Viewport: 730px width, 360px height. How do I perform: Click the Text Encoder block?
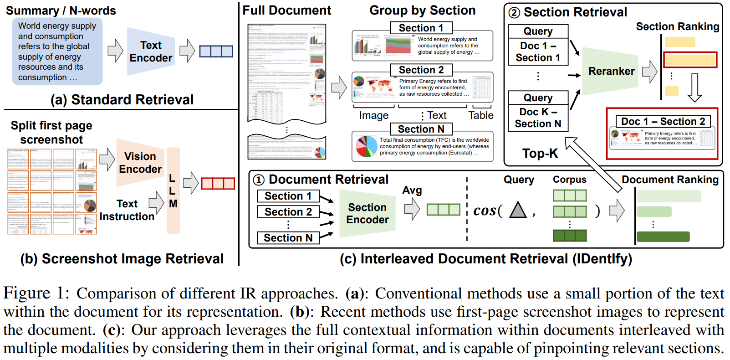150,51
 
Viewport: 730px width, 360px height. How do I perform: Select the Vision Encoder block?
140,163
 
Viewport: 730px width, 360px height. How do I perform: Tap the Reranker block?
611,71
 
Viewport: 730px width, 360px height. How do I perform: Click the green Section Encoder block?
367,213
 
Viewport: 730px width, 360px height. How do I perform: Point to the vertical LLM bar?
173,190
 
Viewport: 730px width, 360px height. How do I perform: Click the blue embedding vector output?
216,51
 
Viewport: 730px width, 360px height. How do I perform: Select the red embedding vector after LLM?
218,183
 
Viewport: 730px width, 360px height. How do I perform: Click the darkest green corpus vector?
569,236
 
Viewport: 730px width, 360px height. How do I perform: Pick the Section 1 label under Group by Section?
421,28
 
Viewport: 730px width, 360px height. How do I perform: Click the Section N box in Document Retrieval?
288,238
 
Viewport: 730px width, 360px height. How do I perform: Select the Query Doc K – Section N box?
538,112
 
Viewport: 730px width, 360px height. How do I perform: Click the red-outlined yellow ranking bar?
690,60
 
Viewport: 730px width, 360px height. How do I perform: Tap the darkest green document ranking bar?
663,237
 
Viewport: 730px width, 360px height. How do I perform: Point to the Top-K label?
540,153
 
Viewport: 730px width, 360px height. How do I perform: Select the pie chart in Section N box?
366,146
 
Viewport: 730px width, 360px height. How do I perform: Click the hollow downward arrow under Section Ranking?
694,87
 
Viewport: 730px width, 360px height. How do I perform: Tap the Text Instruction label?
127,210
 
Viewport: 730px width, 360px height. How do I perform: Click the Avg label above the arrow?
412,190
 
